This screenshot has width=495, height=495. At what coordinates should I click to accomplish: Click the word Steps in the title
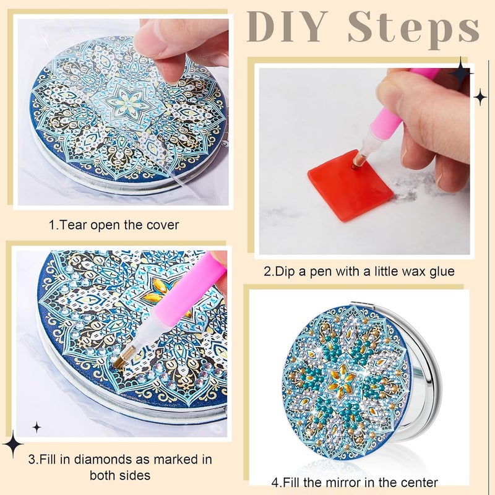pos(413,28)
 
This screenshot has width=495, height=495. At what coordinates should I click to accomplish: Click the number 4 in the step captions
pos(275,483)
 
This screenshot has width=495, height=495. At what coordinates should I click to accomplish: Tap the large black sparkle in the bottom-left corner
pos(13,444)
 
